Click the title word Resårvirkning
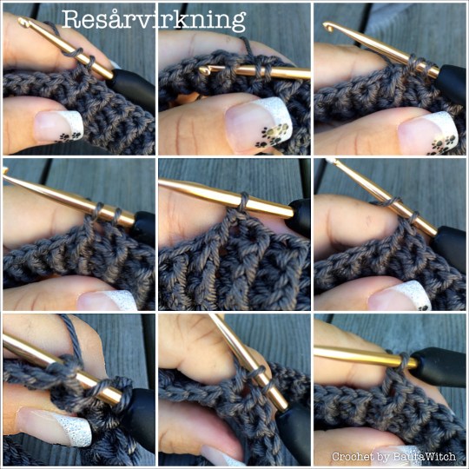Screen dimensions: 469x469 coord(154,20)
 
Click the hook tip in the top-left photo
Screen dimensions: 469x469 coord(23,22)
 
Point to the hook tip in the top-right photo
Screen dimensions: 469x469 coord(328,27)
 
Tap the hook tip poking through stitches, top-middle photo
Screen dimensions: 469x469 coord(204,70)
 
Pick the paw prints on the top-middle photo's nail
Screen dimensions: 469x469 coord(273,135)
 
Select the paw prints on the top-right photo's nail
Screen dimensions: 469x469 coord(443,145)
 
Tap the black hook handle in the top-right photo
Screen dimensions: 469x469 coord(452,83)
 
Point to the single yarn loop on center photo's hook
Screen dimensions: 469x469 coord(244,201)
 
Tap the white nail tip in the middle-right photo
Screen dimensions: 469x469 coord(416,294)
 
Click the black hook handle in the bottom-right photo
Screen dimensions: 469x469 coord(437,367)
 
